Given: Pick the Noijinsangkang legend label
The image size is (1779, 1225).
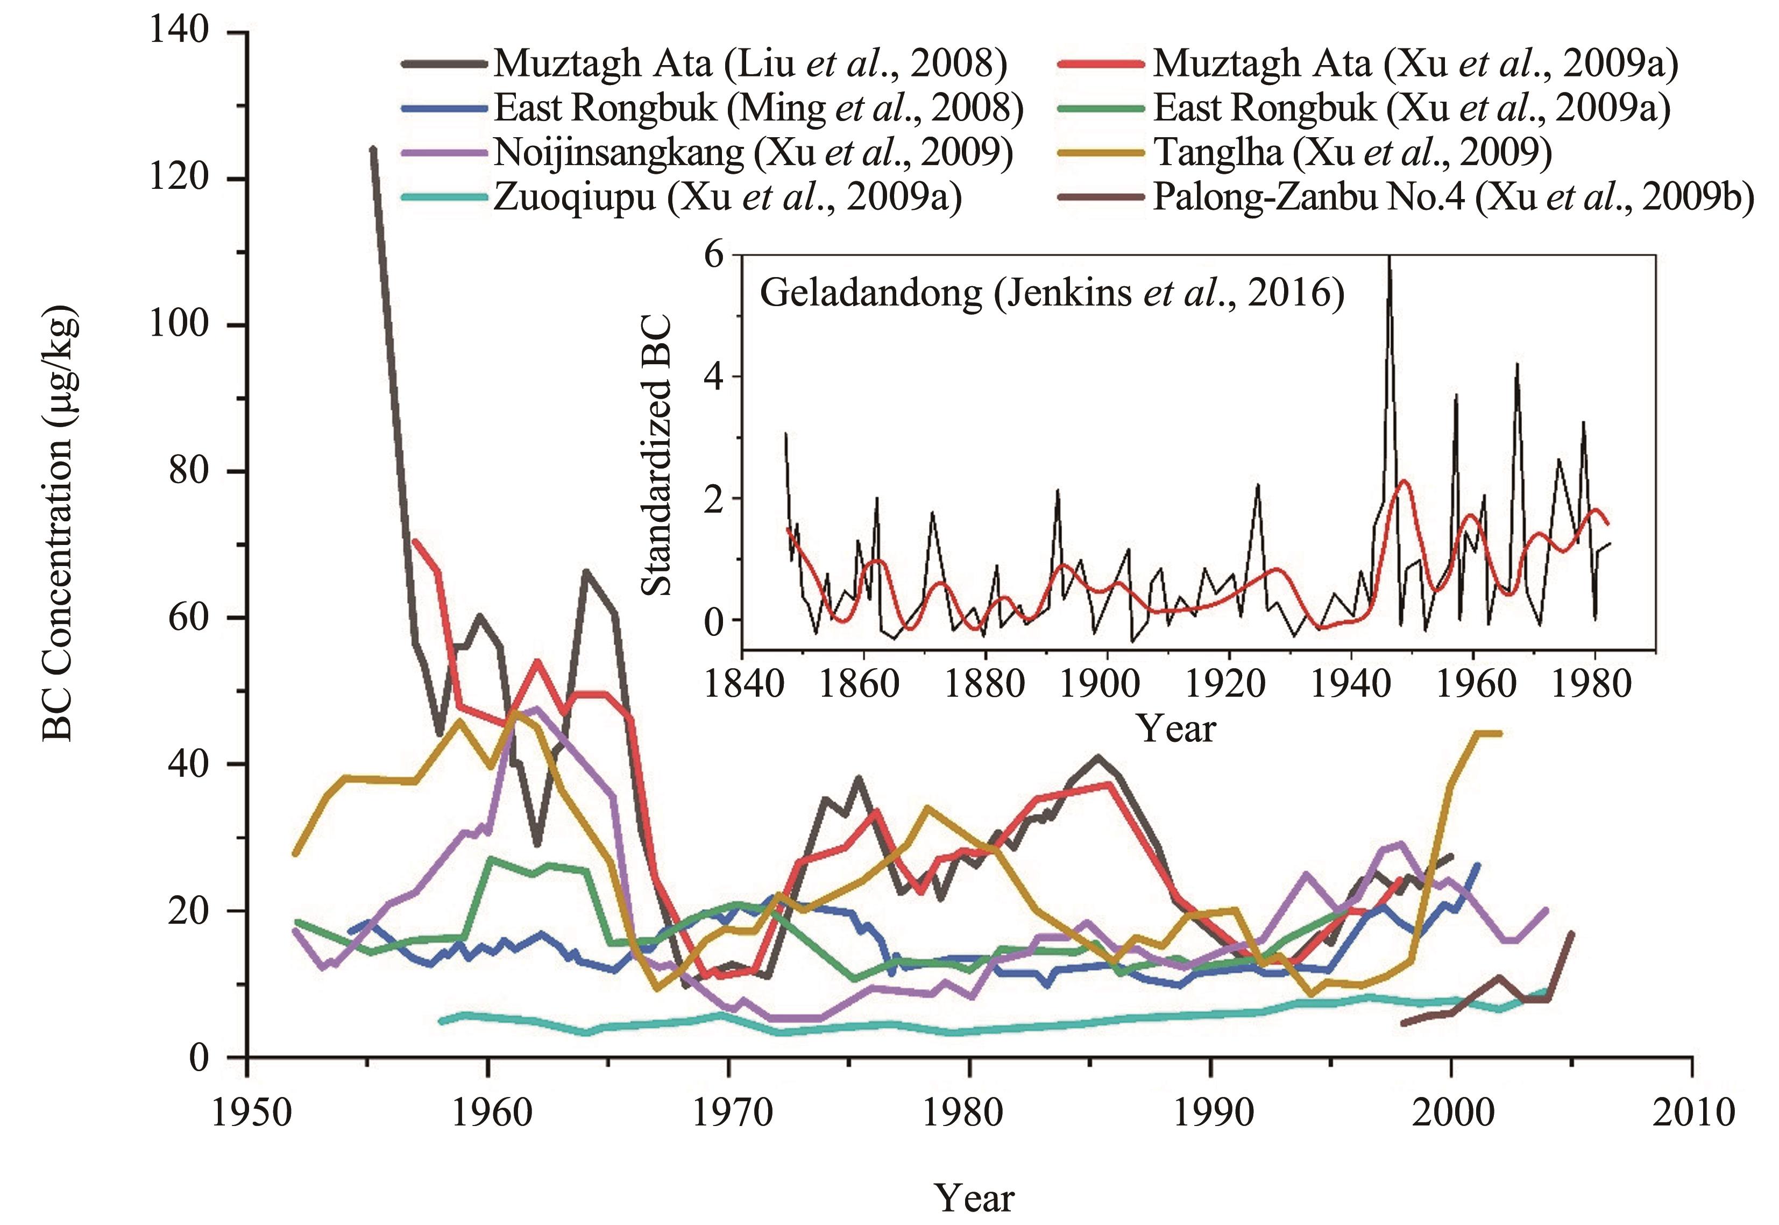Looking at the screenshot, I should coord(752,153).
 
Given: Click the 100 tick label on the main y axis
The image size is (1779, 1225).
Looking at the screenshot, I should coord(179,324).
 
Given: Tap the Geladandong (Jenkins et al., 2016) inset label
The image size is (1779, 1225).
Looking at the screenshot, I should coord(1052,293).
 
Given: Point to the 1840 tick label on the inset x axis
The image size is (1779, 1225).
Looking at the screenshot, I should coord(742,683).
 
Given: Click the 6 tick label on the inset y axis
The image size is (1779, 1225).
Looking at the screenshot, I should coord(714,255).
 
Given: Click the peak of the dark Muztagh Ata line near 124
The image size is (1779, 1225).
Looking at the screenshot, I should coord(373,148).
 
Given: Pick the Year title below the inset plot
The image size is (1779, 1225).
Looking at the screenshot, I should coord(1176,729).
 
